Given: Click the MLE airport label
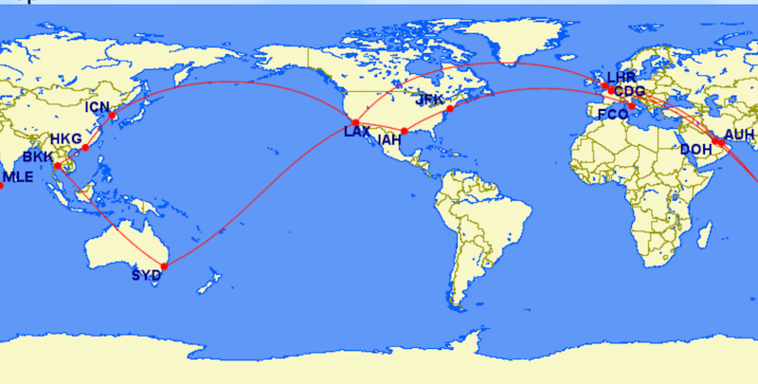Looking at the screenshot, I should click(19, 176).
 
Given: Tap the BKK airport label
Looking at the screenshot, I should click(38, 156).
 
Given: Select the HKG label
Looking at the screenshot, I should click(66, 137).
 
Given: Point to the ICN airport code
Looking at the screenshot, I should click(98, 107).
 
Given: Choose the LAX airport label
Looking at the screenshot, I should click(357, 132).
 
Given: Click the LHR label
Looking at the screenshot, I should click(622, 76).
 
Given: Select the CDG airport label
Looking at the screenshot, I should click(630, 91).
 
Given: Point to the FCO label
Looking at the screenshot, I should click(613, 114).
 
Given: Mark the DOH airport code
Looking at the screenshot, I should click(695, 149).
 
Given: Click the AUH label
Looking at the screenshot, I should click(739, 135).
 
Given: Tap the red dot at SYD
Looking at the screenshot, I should click(164, 266).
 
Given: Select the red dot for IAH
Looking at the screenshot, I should click(405, 131).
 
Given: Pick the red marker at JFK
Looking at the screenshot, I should click(450, 109).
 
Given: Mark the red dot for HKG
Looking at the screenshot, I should click(85, 148).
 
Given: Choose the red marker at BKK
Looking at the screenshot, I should click(58, 166).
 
